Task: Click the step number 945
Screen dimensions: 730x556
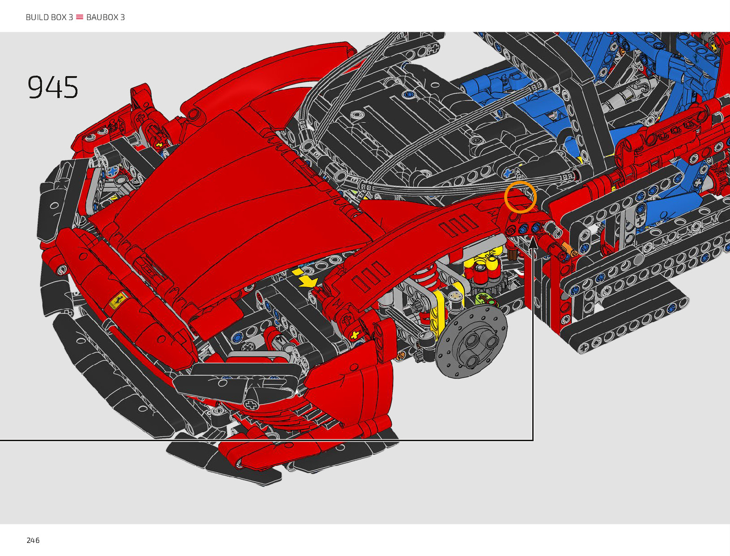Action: [x=53, y=87]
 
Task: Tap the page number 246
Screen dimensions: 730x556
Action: [x=33, y=541]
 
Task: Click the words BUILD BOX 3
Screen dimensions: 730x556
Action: [x=49, y=17]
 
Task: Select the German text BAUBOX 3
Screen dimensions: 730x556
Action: [x=105, y=17]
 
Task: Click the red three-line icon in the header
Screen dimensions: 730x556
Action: [x=79, y=17]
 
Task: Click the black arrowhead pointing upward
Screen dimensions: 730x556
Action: [x=533, y=243]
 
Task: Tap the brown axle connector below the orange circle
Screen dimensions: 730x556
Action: [x=512, y=254]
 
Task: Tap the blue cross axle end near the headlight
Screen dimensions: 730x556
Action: [x=112, y=171]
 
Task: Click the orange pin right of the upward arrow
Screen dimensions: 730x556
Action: [x=570, y=249]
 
